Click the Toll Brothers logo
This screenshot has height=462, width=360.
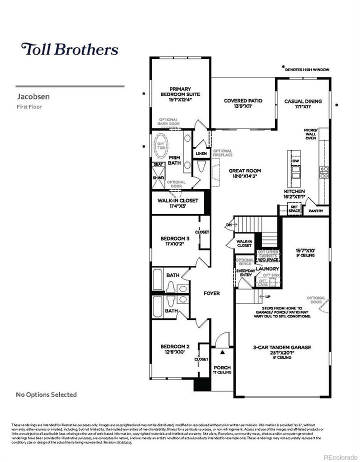69,49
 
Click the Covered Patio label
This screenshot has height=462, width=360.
243,103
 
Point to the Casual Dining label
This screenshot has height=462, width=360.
303,103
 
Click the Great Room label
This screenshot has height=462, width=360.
245,173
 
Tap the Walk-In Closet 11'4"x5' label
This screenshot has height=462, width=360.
177,202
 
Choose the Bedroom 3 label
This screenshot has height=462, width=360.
175,241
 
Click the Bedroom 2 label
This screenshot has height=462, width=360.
174,349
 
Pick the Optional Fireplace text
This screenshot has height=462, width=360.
222,154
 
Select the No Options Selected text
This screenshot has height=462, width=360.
46,394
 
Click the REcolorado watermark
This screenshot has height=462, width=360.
340,456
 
